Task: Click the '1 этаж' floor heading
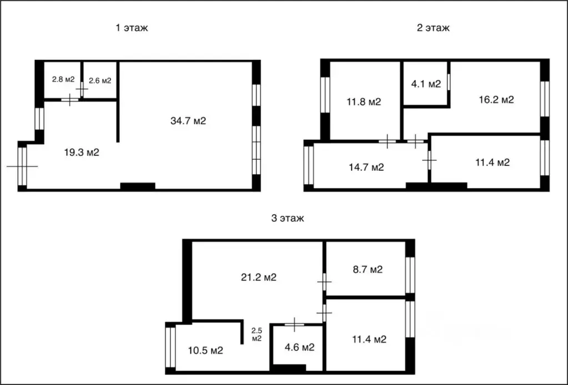(x=132, y=28)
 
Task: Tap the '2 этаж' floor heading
(x=433, y=28)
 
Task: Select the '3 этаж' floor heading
(x=288, y=219)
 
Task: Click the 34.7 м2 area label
(x=188, y=121)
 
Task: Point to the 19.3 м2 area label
(x=82, y=153)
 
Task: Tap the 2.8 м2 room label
(x=63, y=79)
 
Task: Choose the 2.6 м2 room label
(x=100, y=80)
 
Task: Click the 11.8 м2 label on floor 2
(x=364, y=102)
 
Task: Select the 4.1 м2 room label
(x=426, y=84)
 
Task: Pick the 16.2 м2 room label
(x=496, y=99)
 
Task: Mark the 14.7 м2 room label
(x=366, y=168)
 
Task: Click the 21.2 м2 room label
(x=259, y=277)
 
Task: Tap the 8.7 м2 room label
(x=368, y=270)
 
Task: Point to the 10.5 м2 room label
(x=205, y=351)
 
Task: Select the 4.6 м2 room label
(x=300, y=348)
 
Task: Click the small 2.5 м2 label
(x=257, y=335)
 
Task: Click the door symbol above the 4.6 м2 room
(x=294, y=325)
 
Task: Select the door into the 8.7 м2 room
(x=324, y=281)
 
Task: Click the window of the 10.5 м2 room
(x=170, y=347)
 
